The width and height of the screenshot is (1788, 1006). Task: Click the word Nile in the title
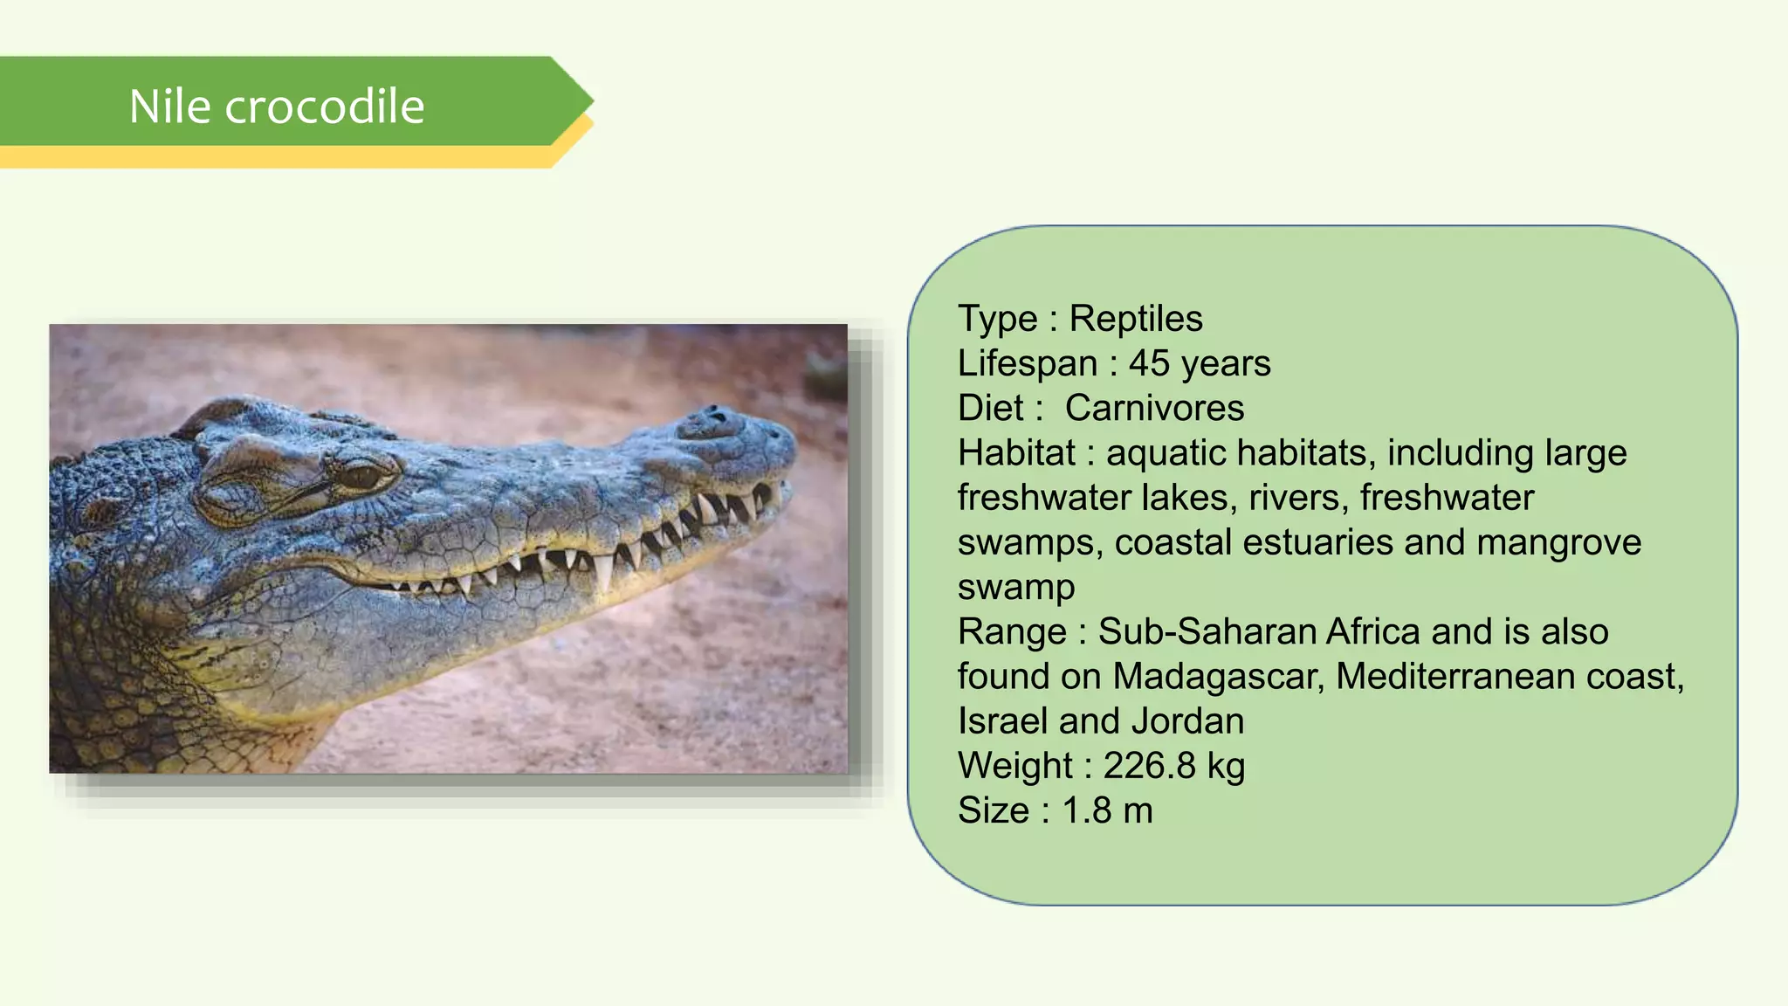coord(170,107)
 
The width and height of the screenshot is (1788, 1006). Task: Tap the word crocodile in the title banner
coord(325,107)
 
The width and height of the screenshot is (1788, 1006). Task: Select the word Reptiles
coord(1136,319)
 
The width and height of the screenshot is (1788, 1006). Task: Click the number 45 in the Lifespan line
coord(1149,363)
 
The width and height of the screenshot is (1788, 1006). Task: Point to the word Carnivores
coord(1154,408)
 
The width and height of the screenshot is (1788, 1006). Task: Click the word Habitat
coord(1016,452)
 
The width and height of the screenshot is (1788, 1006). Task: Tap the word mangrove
coord(1558,542)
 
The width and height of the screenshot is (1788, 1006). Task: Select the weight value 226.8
coord(1149,766)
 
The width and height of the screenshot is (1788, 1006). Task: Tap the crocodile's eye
coord(361,476)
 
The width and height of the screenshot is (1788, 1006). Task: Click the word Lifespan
coord(1027,363)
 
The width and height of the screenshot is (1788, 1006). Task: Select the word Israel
coord(1002,721)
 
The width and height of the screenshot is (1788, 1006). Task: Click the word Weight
coord(1014,766)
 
